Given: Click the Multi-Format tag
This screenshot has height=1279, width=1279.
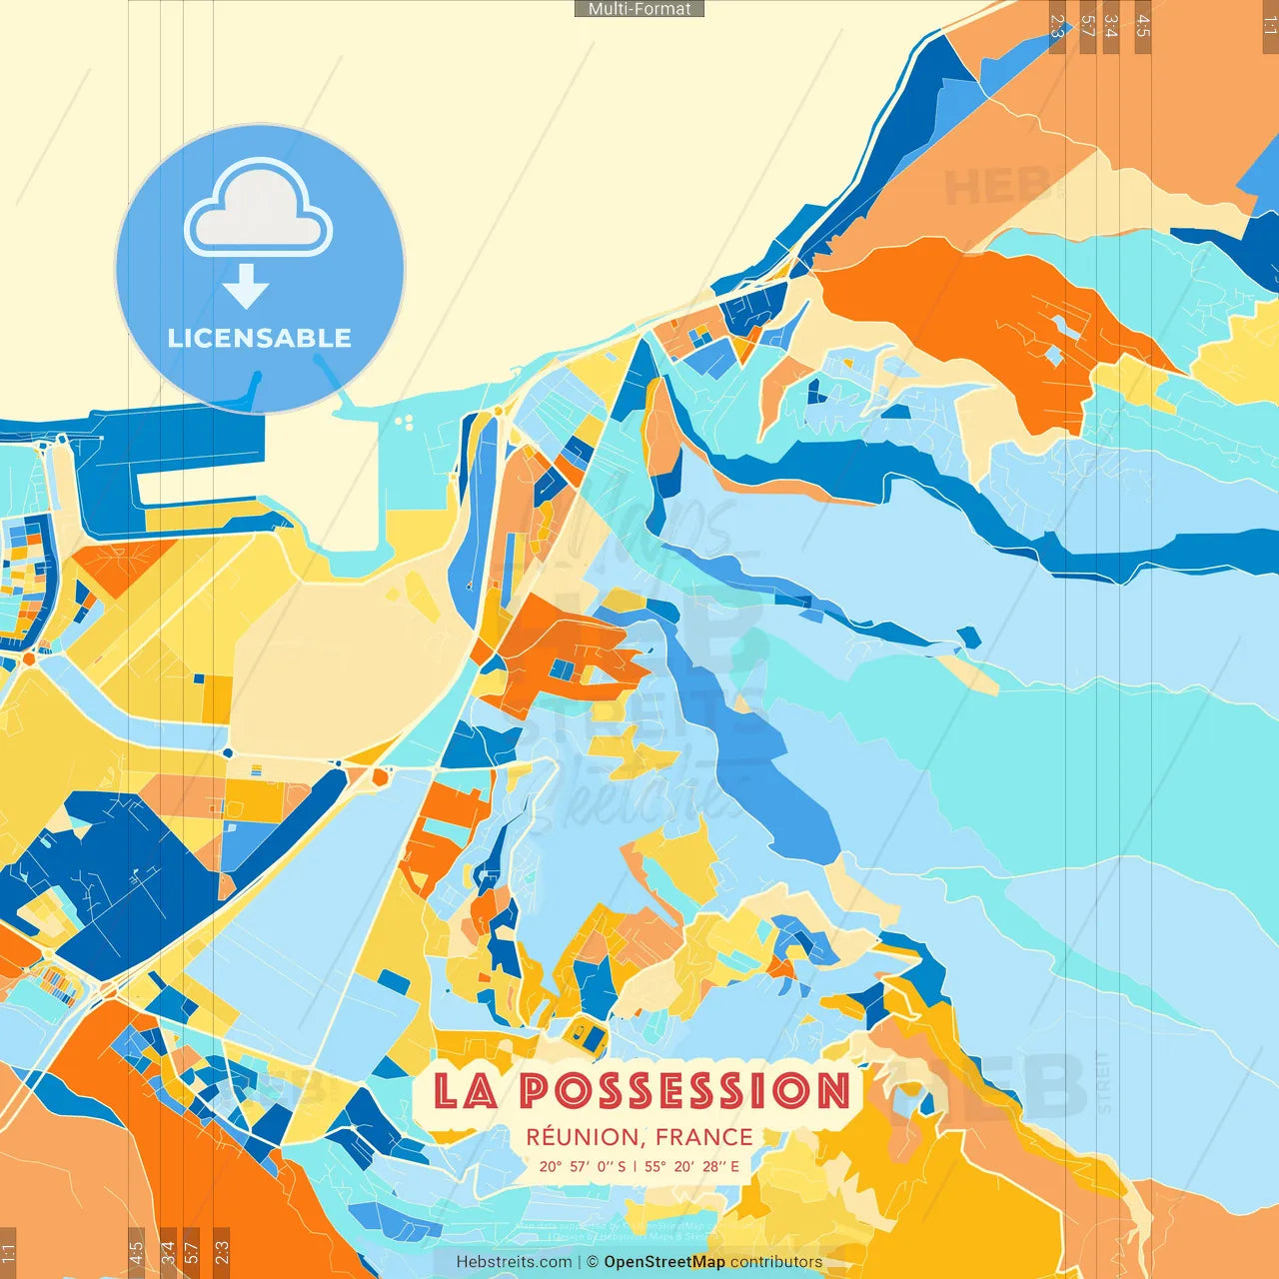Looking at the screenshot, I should (x=639, y=9).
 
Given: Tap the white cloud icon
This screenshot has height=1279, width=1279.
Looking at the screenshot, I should (x=259, y=208).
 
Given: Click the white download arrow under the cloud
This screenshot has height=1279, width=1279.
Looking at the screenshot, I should (x=246, y=286).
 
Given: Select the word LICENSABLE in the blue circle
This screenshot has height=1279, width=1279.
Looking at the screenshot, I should (x=260, y=338).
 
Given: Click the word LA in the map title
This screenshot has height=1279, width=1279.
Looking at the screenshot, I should (x=466, y=1090).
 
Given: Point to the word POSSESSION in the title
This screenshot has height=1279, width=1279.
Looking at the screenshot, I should (x=684, y=1090).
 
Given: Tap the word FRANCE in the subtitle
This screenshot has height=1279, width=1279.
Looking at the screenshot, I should (x=704, y=1137).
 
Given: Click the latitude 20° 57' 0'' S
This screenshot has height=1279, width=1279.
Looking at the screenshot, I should (x=583, y=1166).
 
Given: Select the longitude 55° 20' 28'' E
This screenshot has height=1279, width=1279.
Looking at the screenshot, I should (x=692, y=1166).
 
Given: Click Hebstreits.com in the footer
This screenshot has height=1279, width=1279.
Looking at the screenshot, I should (x=514, y=1262).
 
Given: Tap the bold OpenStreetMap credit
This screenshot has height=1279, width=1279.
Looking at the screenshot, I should (x=664, y=1262).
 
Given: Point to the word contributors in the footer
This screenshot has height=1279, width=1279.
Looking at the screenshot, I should (x=776, y=1262).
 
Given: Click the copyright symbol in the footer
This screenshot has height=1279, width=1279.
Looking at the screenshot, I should (x=593, y=1262).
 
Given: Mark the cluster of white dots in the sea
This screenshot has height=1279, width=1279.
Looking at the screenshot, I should (x=405, y=423).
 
